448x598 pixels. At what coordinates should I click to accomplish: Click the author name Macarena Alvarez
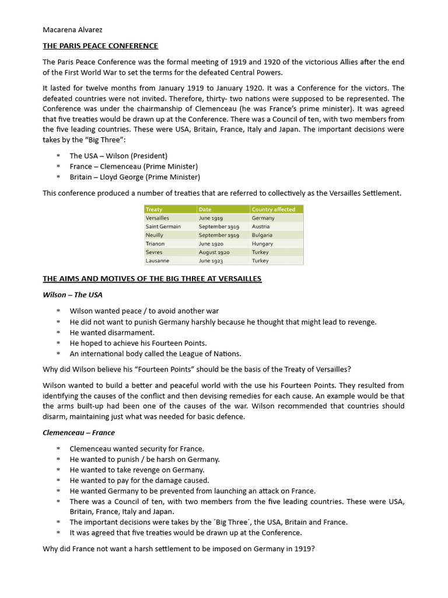pyautogui.click(x=73, y=29)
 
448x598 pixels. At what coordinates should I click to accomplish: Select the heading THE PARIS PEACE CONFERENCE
pyautogui.click(x=100, y=46)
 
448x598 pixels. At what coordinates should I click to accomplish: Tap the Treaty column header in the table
pyautogui.click(x=155, y=209)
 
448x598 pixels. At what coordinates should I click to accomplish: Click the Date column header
pyautogui.click(x=205, y=209)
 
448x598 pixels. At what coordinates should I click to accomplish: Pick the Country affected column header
pyautogui.click(x=274, y=209)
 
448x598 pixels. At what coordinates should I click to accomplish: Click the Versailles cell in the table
pyautogui.click(x=157, y=218)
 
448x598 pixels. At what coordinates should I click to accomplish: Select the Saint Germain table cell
pyautogui.click(x=163, y=227)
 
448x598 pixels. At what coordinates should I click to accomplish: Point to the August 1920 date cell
pyautogui.click(x=214, y=252)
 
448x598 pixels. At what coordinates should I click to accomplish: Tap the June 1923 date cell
pyautogui.click(x=211, y=261)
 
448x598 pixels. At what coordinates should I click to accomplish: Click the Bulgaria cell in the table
pyautogui.click(x=262, y=235)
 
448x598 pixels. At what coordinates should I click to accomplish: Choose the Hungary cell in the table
pyautogui.click(x=262, y=244)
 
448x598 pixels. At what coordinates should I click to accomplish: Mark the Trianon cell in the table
pyautogui.click(x=155, y=244)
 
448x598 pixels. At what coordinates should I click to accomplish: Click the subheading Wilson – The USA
pyautogui.click(x=72, y=295)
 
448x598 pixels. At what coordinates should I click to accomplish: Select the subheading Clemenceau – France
pyautogui.click(x=79, y=433)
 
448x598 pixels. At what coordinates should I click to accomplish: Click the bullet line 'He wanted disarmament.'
pyautogui.click(x=112, y=332)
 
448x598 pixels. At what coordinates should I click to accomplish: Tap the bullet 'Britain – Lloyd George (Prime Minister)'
pyautogui.click(x=135, y=177)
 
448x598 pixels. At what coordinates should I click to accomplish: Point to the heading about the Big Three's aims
pyautogui.click(x=152, y=279)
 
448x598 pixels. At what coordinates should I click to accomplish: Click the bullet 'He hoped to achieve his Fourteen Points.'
pyautogui.click(x=138, y=343)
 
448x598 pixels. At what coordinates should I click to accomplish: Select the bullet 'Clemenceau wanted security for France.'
pyautogui.click(x=137, y=448)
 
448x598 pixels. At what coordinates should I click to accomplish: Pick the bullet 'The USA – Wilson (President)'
pyautogui.click(x=118, y=156)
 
